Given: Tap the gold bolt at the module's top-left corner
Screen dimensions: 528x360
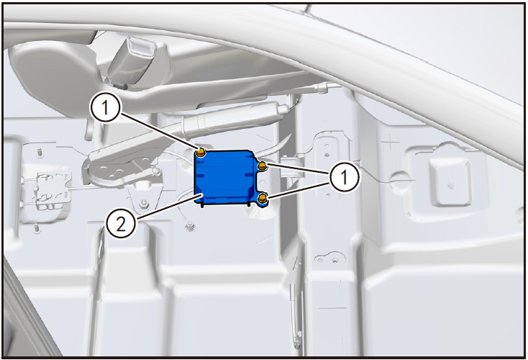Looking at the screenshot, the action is coord(201,153).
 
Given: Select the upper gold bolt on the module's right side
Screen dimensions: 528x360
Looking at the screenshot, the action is coord(263,165).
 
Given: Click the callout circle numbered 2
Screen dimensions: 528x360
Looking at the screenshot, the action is coord(121,223).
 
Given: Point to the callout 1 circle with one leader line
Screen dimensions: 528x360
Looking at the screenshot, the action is coord(105,108).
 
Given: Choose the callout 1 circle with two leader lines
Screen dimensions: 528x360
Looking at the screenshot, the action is coord(344,177).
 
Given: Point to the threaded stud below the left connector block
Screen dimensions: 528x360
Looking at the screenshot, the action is coord(35,228).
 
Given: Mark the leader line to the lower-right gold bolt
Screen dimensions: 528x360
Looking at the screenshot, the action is coord(299,191).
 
